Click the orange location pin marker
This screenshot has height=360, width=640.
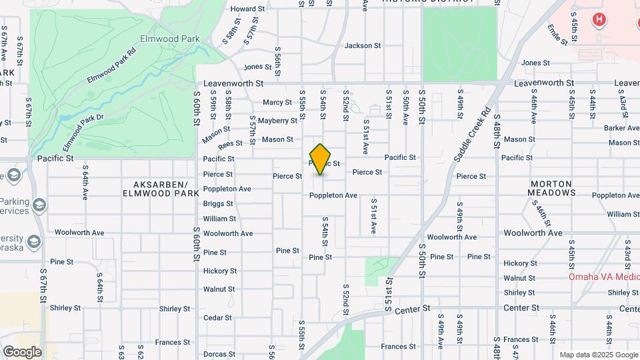[321, 159]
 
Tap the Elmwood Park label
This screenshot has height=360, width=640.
[170, 39]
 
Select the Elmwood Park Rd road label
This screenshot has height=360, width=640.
[111, 65]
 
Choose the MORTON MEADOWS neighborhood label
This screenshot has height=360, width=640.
[551, 188]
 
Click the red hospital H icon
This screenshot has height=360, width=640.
[599, 20]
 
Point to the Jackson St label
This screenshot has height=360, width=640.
[362, 46]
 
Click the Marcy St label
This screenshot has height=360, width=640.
[277, 103]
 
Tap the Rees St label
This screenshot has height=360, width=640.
[230, 143]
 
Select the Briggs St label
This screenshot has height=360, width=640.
[218, 204]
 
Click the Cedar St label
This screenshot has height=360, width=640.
[217, 318]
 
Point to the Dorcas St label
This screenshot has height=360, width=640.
[218, 354]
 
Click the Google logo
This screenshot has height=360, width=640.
[22, 351]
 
